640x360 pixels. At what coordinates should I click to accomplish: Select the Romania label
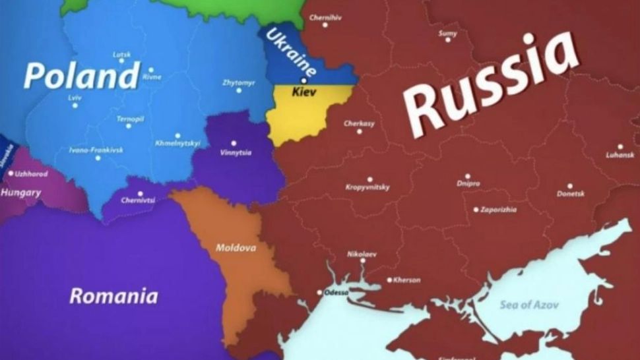(x=113, y=295)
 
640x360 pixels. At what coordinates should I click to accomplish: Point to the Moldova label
(x=236, y=249)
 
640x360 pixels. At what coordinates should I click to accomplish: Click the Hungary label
(x=20, y=193)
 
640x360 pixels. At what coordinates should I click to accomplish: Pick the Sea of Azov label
(x=528, y=305)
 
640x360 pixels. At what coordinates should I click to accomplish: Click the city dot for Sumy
(x=448, y=40)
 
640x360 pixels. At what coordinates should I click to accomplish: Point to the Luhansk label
(x=620, y=156)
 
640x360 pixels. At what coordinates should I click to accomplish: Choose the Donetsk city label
(x=570, y=194)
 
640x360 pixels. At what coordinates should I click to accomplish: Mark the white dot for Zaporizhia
(x=476, y=210)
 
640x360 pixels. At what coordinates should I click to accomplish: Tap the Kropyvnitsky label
(x=368, y=187)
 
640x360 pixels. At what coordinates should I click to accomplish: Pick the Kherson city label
(x=406, y=280)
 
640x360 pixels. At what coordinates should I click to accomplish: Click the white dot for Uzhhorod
(x=11, y=174)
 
